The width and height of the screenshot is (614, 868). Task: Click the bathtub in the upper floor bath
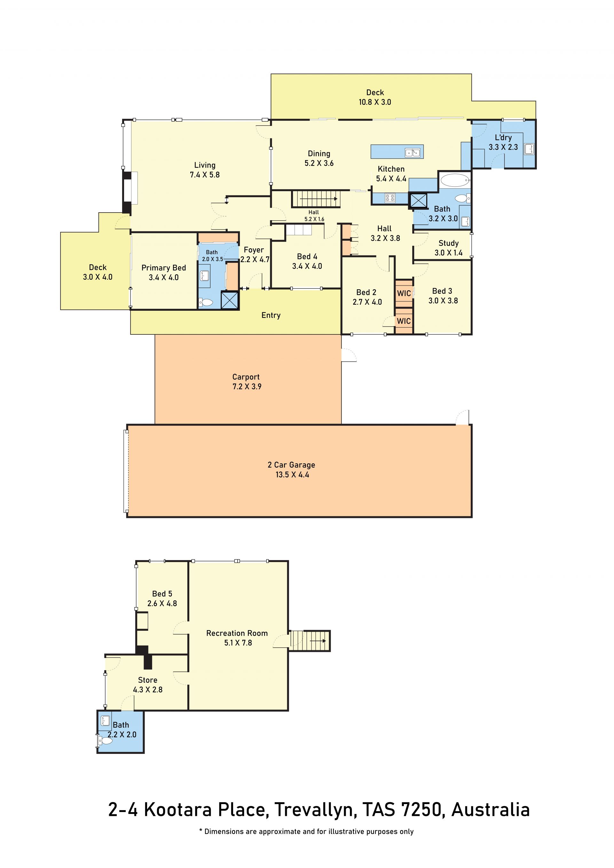(455, 180)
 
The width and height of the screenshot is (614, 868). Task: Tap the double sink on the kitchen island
(413, 152)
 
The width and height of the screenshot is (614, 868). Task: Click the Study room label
(448, 243)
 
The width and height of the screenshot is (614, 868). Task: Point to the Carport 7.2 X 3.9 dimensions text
(247, 387)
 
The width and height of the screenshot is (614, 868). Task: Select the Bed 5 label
(162, 594)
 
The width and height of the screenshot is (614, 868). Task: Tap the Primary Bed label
(164, 268)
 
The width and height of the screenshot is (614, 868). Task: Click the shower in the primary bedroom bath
(230, 300)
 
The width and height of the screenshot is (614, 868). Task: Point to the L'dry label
(503, 137)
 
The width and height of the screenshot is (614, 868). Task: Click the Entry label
(271, 315)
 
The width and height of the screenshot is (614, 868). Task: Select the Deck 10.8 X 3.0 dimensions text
(375, 102)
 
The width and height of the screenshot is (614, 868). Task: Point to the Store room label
(147, 680)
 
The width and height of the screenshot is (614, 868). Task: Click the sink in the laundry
(529, 149)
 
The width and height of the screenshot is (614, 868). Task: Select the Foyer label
(254, 250)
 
